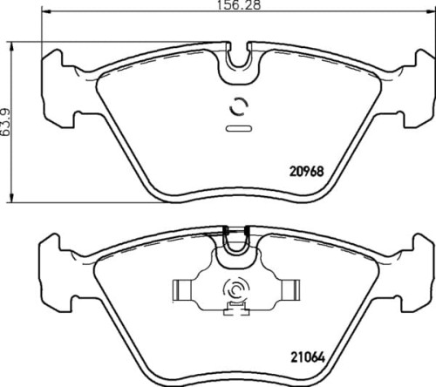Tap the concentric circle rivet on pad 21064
pyautogui.click(x=235, y=291)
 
